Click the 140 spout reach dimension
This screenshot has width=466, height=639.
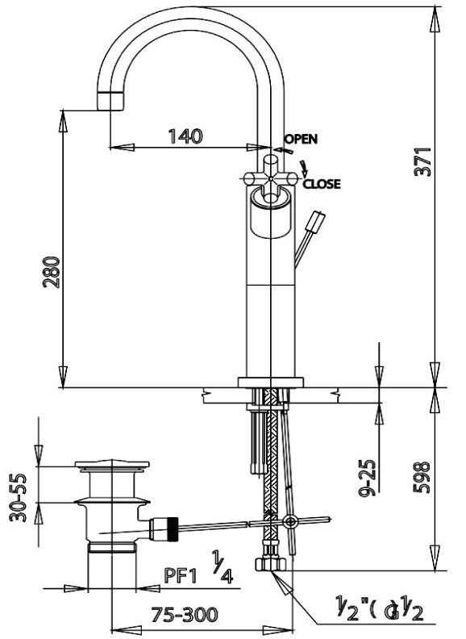(x=185, y=136)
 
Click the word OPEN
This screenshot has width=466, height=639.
(x=301, y=138)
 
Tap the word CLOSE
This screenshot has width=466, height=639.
(x=322, y=184)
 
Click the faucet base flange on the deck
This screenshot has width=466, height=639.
(x=271, y=382)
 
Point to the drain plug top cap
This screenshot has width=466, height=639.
(x=112, y=466)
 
